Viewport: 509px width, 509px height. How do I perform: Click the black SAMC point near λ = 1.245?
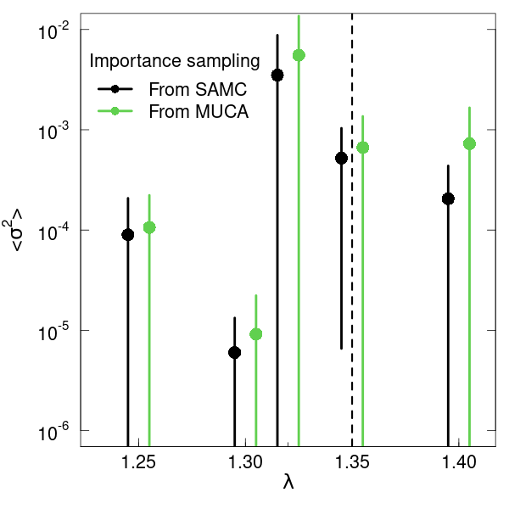128,235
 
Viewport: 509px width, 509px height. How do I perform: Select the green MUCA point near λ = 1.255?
149,227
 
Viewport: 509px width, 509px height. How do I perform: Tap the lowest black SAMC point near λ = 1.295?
235,352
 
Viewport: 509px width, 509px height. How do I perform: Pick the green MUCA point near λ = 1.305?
256,334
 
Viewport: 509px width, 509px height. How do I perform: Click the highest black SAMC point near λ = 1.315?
277,76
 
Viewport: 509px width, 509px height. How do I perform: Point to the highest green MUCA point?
299,55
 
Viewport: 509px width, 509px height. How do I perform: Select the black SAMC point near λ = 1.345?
342,159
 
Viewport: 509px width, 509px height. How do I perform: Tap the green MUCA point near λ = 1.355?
363,148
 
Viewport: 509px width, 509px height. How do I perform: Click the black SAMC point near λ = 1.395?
448,199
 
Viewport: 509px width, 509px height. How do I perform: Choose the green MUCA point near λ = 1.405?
469,144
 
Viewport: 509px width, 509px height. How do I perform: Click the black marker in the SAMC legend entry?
115,89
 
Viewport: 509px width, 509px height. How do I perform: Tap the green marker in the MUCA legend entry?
115,111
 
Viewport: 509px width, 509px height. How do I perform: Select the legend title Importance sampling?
175,61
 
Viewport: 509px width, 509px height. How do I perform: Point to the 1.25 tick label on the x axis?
138,462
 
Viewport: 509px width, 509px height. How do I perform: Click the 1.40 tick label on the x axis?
459,462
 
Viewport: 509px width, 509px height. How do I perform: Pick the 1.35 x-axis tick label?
352,462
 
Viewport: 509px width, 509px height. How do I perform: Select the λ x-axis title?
288,483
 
